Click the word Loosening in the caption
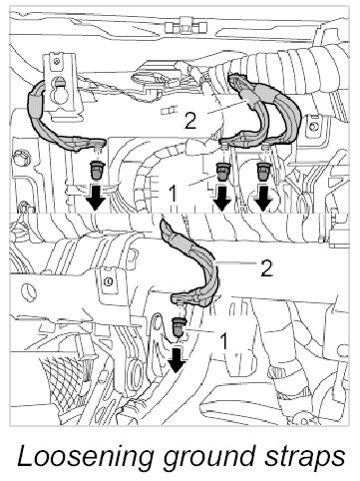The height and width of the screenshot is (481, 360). [86, 457]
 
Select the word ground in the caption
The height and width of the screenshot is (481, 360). [207, 458]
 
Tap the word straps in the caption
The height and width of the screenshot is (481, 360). [304, 458]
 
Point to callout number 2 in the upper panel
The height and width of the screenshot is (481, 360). [189, 121]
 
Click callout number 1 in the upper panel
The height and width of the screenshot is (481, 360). [173, 193]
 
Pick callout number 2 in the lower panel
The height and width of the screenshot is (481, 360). [265, 268]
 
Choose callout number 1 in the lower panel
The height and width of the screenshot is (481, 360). [224, 341]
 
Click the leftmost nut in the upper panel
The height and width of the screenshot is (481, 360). [98, 169]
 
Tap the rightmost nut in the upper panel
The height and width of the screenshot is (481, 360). [263, 172]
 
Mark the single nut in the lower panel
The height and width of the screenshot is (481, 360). [180, 326]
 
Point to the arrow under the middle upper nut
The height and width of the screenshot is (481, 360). [221, 198]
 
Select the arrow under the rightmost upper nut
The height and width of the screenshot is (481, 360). [263, 198]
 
